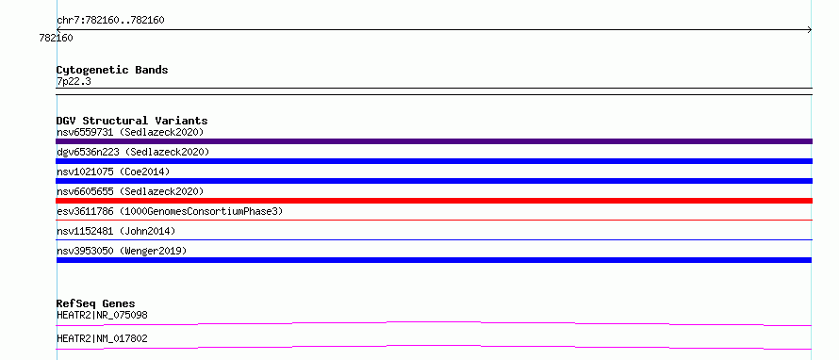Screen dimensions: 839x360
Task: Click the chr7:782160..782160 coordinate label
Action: [110, 21]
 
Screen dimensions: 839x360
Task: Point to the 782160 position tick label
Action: [57, 38]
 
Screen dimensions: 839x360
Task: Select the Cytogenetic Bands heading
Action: [112, 70]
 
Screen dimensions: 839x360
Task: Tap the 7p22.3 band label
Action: [74, 81]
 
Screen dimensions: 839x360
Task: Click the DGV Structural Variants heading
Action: [132, 121]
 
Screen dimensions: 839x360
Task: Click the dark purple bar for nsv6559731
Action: [434, 141]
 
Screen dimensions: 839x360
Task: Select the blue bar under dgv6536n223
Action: [434, 161]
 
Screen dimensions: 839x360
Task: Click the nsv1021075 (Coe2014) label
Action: [113, 172]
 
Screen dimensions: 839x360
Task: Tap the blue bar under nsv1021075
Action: [434, 181]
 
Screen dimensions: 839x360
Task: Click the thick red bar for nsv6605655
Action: [434, 201]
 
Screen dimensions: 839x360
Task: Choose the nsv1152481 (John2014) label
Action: [116, 231]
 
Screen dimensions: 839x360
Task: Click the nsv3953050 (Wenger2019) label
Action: [122, 251]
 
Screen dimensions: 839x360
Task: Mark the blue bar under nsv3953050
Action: [434, 260]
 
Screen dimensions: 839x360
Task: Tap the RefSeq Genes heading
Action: [96, 304]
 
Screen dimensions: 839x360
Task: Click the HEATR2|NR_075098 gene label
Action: [102, 315]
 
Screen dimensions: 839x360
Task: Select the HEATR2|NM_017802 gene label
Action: [102, 338]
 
